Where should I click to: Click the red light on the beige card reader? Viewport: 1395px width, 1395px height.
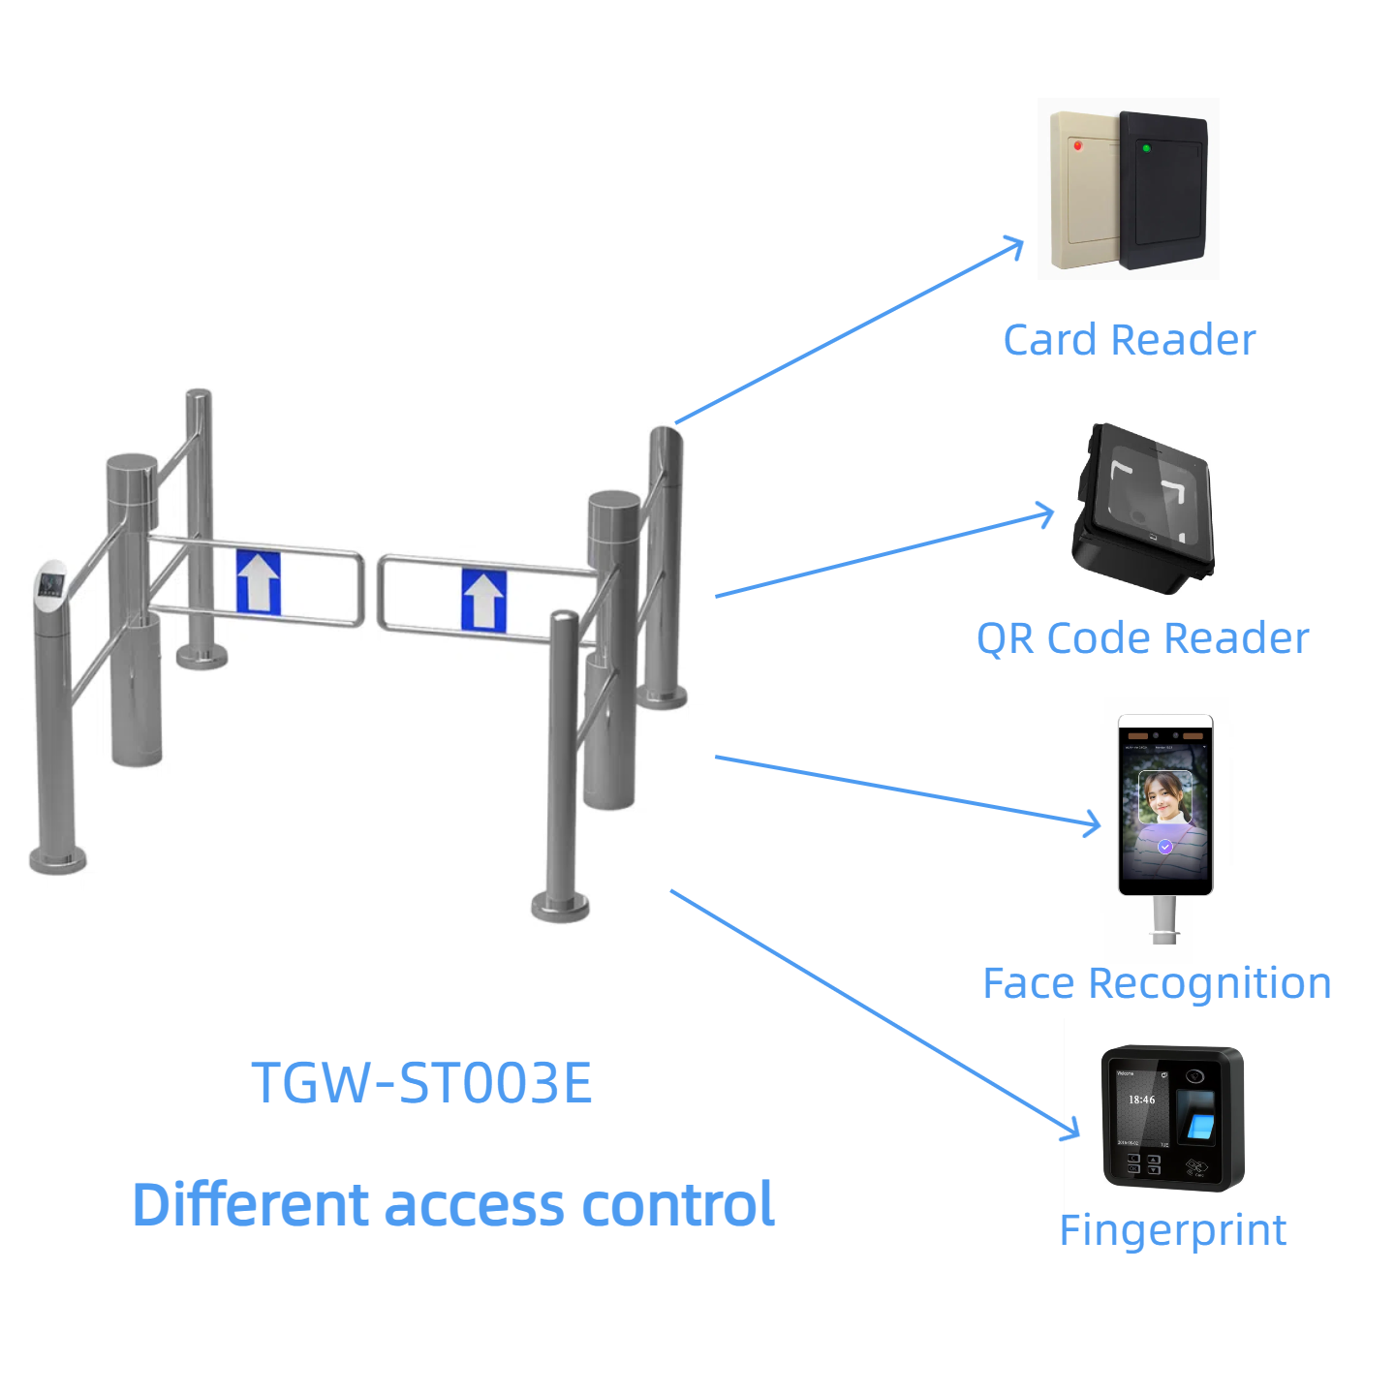(x=1078, y=145)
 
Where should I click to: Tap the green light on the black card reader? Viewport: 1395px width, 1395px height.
(x=1146, y=148)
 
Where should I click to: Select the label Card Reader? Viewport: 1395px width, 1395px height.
(x=1129, y=340)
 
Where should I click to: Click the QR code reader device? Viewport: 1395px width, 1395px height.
(x=1143, y=509)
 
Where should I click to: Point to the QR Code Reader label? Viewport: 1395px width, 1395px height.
(x=1142, y=638)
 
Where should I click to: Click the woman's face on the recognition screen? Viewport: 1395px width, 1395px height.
(x=1163, y=799)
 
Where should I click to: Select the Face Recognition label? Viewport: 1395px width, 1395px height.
(x=1157, y=983)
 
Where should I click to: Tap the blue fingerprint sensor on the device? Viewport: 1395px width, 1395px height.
(x=1200, y=1125)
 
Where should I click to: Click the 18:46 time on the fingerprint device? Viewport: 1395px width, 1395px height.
(x=1141, y=1100)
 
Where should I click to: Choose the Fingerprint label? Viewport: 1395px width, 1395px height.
(x=1172, y=1230)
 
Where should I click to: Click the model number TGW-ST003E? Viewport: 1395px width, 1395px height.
(x=421, y=1083)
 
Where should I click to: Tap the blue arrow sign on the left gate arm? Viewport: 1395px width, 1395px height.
(x=259, y=582)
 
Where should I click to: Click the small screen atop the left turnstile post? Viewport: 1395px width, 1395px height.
(x=49, y=585)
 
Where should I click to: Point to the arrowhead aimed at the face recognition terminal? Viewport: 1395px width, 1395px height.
(x=1094, y=825)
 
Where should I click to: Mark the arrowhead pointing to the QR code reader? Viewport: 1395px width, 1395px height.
(x=1046, y=514)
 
